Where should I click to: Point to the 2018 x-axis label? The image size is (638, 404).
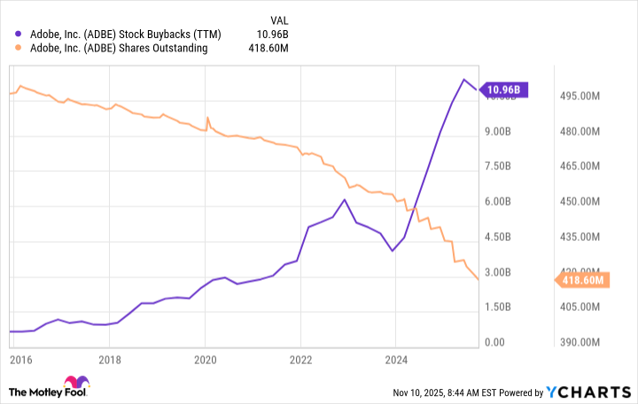coord(109,361)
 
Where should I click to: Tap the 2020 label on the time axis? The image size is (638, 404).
coord(205,361)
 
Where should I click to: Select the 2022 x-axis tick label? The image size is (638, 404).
coord(300,361)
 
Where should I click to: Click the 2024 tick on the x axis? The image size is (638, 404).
coord(396,361)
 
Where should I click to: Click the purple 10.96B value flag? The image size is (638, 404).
coord(506,89)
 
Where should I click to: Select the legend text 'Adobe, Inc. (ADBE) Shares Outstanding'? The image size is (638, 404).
coord(118,49)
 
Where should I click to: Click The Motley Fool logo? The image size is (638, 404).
coord(50,391)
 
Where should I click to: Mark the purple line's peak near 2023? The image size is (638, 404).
coord(344,199)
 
